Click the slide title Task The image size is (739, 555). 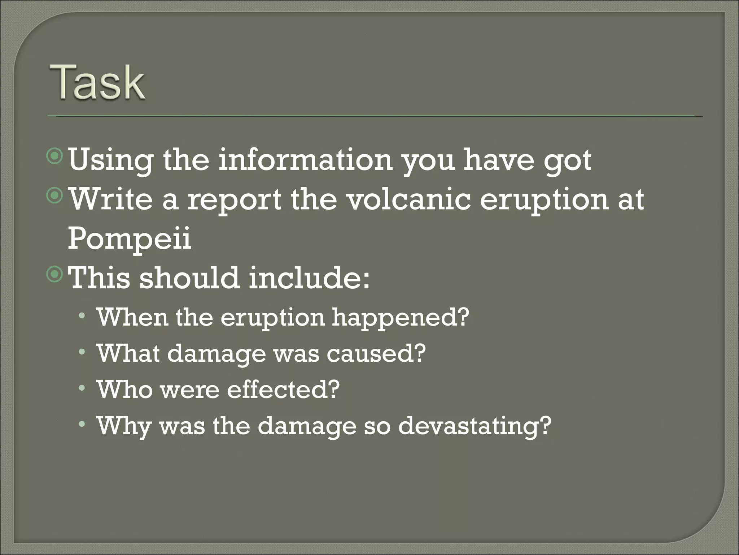click(98, 82)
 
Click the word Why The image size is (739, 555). click(123, 426)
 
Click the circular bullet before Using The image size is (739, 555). click(55, 157)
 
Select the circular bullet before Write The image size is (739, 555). click(55, 196)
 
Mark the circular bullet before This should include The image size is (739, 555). click(55, 275)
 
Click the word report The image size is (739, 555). click(234, 200)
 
